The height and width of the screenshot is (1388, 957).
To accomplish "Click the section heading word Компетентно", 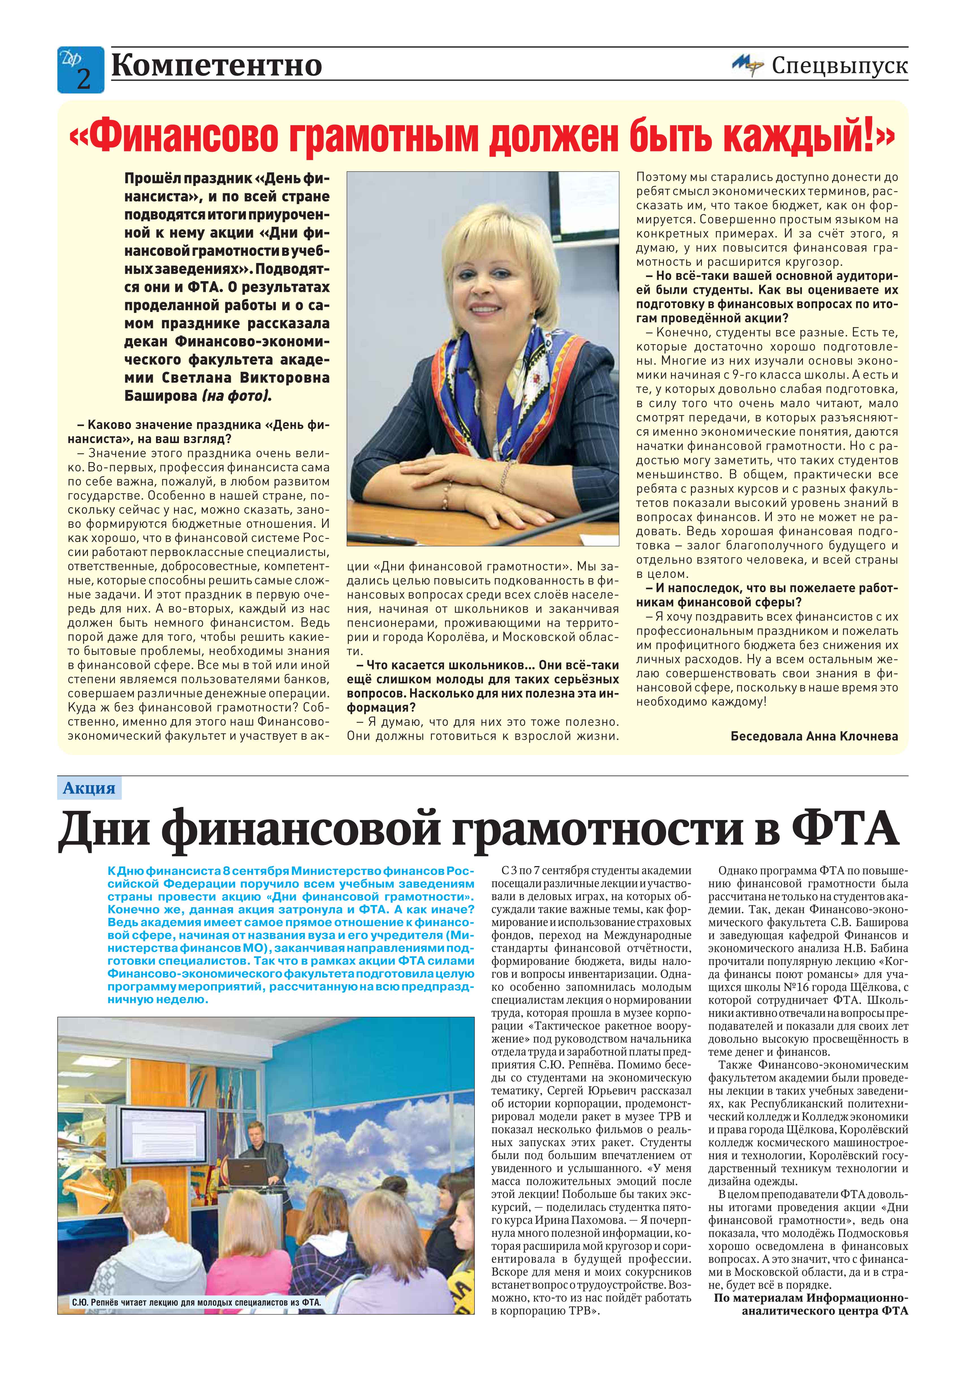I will coord(216,65).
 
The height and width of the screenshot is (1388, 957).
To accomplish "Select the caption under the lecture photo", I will coord(196,1302).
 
